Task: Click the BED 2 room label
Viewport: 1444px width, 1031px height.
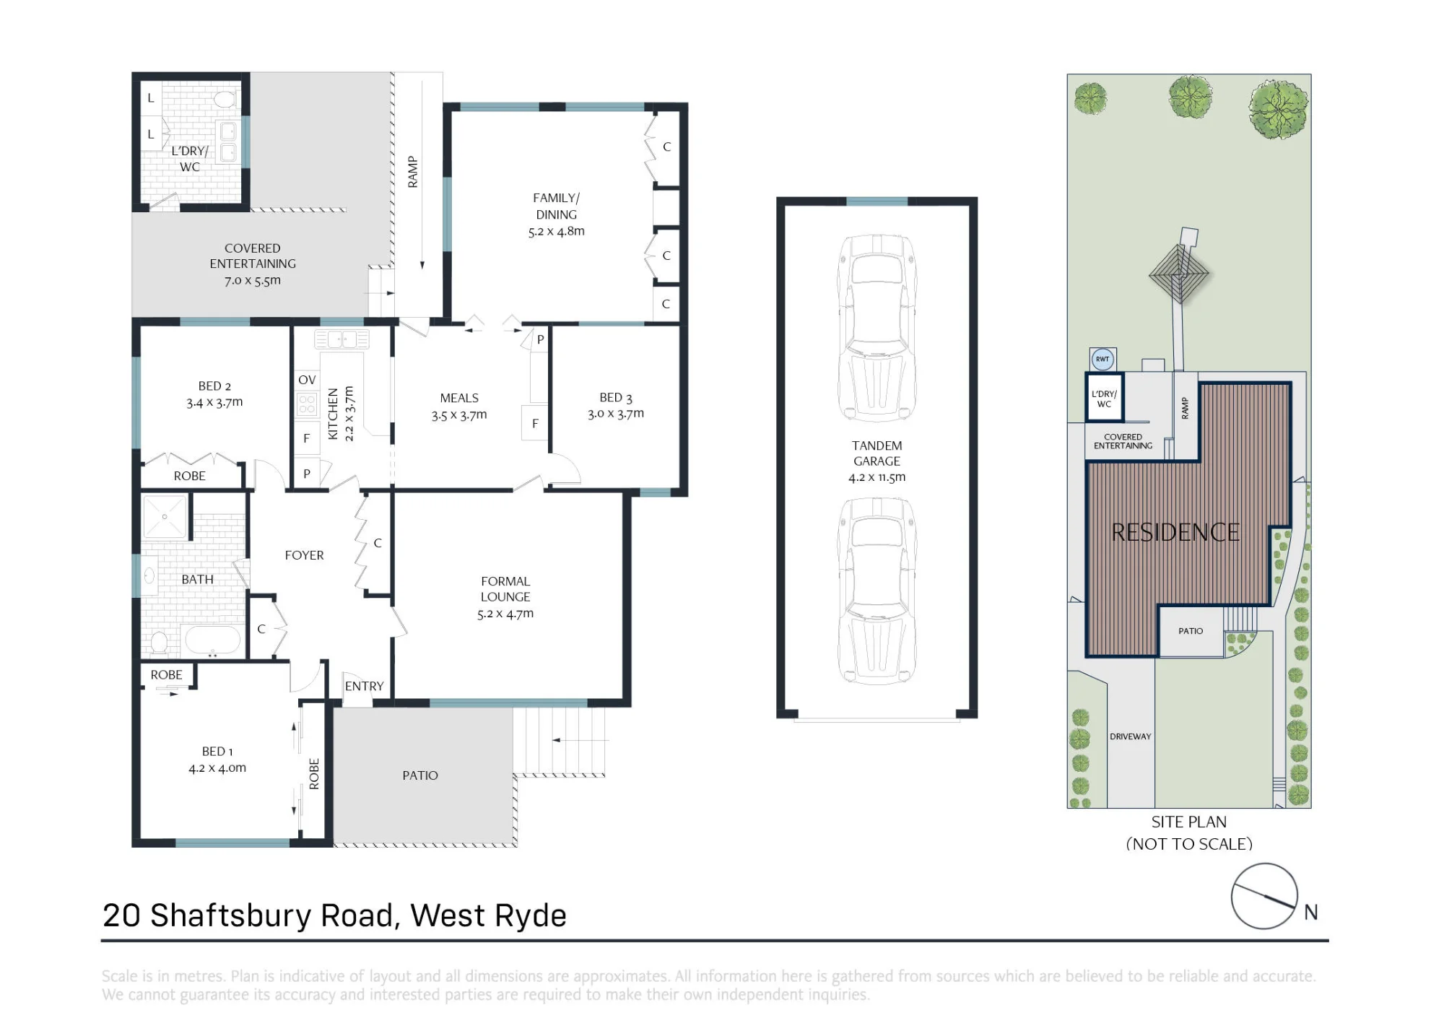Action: pyautogui.click(x=214, y=386)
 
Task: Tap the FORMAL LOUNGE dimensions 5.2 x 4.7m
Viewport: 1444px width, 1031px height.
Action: pyautogui.click(x=505, y=614)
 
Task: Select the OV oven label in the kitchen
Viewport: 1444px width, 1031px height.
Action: pyautogui.click(x=307, y=380)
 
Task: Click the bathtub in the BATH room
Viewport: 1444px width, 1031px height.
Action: pyautogui.click(x=213, y=640)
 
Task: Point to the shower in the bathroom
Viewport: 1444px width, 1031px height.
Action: pyautogui.click(x=165, y=516)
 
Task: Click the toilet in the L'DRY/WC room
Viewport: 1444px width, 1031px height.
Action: pyautogui.click(x=226, y=99)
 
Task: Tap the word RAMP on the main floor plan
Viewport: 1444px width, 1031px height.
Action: pyautogui.click(x=413, y=172)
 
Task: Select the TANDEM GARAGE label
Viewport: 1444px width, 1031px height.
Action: pyautogui.click(x=877, y=453)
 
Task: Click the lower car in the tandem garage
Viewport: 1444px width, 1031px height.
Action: pyautogui.click(x=877, y=591)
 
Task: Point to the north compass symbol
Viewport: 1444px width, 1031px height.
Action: pyautogui.click(x=1264, y=896)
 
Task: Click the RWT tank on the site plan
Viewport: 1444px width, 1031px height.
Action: pyautogui.click(x=1102, y=359)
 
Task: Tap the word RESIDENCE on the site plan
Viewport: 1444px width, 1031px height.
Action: pyautogui.click(x=1175, y=533)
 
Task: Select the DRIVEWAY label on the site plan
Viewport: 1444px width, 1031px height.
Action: pyautogui.click(x=1131, y=736)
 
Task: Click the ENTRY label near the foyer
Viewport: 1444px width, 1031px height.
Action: pyautogui.click(x=364, y=686)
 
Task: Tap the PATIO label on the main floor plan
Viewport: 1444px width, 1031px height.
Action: pyautogui.click(x=420, y=775)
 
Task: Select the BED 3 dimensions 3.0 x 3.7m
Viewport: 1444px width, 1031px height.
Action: pyautogui.click(x=616, y=414)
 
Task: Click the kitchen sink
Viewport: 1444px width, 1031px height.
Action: pyautogui.click(x=342, y=339)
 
